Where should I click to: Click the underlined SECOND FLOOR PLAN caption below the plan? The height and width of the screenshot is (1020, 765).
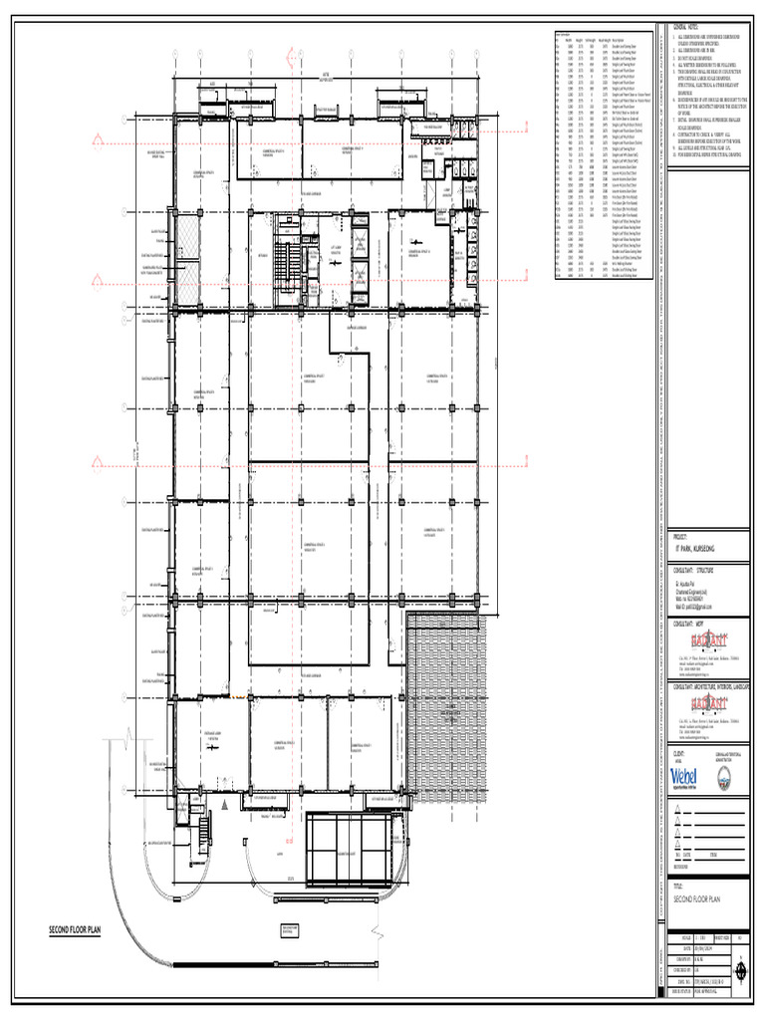click(x=76, y=930)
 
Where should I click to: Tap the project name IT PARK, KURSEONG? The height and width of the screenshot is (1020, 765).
click(x=695, y=550)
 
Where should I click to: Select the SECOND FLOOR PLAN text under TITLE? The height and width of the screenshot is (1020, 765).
click(x=696, y=898)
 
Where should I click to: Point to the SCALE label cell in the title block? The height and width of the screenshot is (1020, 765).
click(x=685, y=937)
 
